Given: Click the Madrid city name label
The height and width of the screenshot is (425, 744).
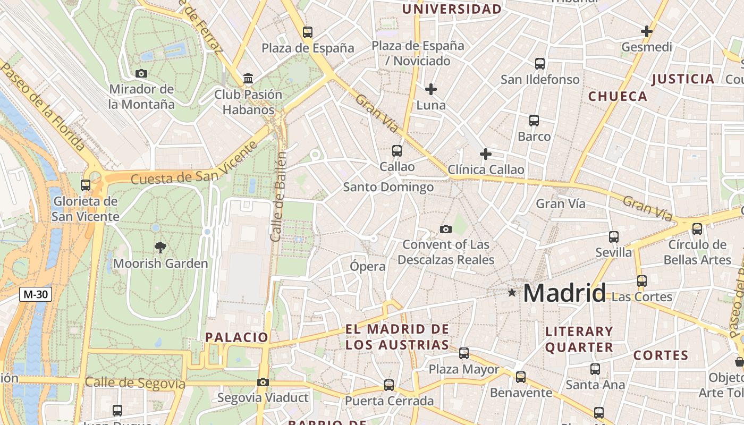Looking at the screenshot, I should point(564,293).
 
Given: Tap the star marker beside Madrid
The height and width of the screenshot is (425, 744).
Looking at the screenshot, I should point(512,292).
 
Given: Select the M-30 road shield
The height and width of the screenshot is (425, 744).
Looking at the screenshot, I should point(36,294).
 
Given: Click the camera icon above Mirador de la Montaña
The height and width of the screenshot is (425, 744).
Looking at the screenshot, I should point(141,73).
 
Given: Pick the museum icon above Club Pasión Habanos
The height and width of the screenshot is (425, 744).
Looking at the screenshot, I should point(248,79).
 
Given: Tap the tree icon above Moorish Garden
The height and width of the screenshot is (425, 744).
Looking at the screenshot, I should point(160,247).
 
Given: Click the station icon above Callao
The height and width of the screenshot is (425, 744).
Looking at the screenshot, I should point(397,151).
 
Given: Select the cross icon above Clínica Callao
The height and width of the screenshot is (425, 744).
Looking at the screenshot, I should point(485,154).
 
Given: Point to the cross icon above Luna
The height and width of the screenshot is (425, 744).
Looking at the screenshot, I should point(431,89).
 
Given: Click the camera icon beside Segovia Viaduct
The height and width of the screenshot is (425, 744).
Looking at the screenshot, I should point(263,382).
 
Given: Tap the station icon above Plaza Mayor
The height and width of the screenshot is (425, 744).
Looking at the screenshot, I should point(464,353).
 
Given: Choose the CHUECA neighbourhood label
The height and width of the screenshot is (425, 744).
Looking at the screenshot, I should point(618,96).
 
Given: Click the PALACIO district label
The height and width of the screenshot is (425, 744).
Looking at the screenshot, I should point(237,337).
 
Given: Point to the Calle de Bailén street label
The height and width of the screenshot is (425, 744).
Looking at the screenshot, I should point(278,197).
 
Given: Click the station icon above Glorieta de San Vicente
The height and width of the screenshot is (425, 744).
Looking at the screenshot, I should point(86,185).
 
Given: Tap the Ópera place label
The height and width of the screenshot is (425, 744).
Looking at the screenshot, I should point(368,266).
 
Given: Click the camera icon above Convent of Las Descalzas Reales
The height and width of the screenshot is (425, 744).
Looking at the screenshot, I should point(446,229).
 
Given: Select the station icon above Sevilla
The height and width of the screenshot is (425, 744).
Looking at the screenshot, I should point(614,236).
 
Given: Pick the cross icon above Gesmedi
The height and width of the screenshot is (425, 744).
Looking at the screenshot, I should point(647,31).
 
